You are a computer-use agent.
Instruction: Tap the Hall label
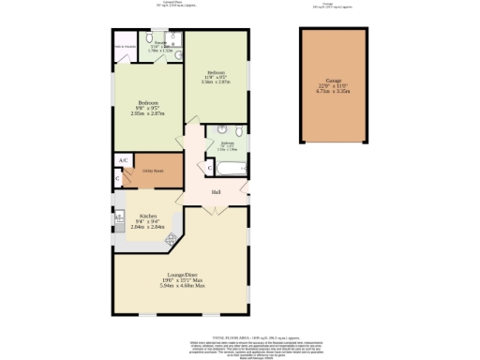(216, 193)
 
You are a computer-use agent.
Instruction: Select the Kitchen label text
(148, 215)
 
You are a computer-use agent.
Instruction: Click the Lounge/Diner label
(181, 275)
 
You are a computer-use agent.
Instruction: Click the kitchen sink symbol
(120, 221)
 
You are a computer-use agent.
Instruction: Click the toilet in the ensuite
(177, 53)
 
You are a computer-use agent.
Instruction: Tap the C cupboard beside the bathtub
(210, 168)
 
